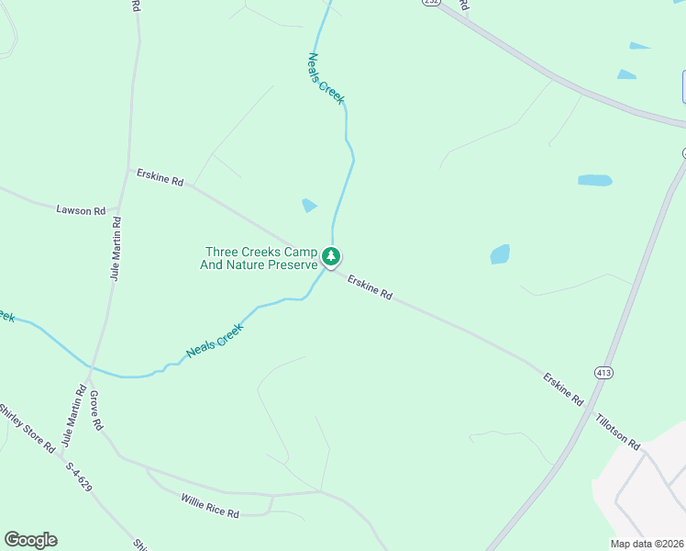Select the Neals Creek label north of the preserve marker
pos(326,78)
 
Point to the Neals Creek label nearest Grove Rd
pos(215,340)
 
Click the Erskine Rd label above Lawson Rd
pos(160,177)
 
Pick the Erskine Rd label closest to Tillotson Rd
pos(563,389)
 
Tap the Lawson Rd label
pos(81,210)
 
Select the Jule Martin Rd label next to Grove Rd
pos(72,417)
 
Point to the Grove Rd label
pos(96,411)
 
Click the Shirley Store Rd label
pos(27,428)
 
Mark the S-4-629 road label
pos(79,478)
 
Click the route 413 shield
pos(603,373)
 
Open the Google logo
pos(30,540)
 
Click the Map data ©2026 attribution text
pos(647,544)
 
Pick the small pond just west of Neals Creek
pos(309,206)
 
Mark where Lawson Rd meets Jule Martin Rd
pos(118,213)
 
